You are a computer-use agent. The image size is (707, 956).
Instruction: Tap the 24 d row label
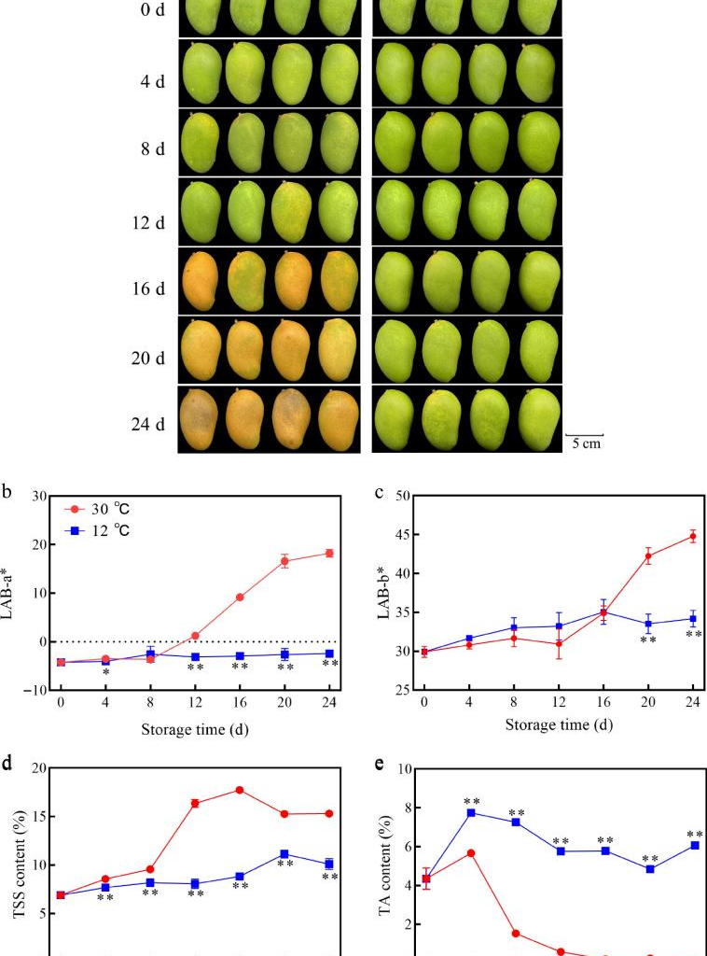(x=147, y=425)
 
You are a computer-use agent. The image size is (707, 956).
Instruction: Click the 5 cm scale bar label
(x=586, y=444)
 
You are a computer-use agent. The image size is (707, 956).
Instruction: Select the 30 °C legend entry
(x=110, y=510)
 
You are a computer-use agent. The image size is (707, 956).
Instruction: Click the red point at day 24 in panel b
(x=329, y=554)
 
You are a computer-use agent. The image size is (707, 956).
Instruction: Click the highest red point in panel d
(x=240, y=790)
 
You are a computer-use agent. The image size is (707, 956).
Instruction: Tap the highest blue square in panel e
(x=471, y=813)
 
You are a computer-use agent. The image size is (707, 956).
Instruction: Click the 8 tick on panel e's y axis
(x=403, y=808)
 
